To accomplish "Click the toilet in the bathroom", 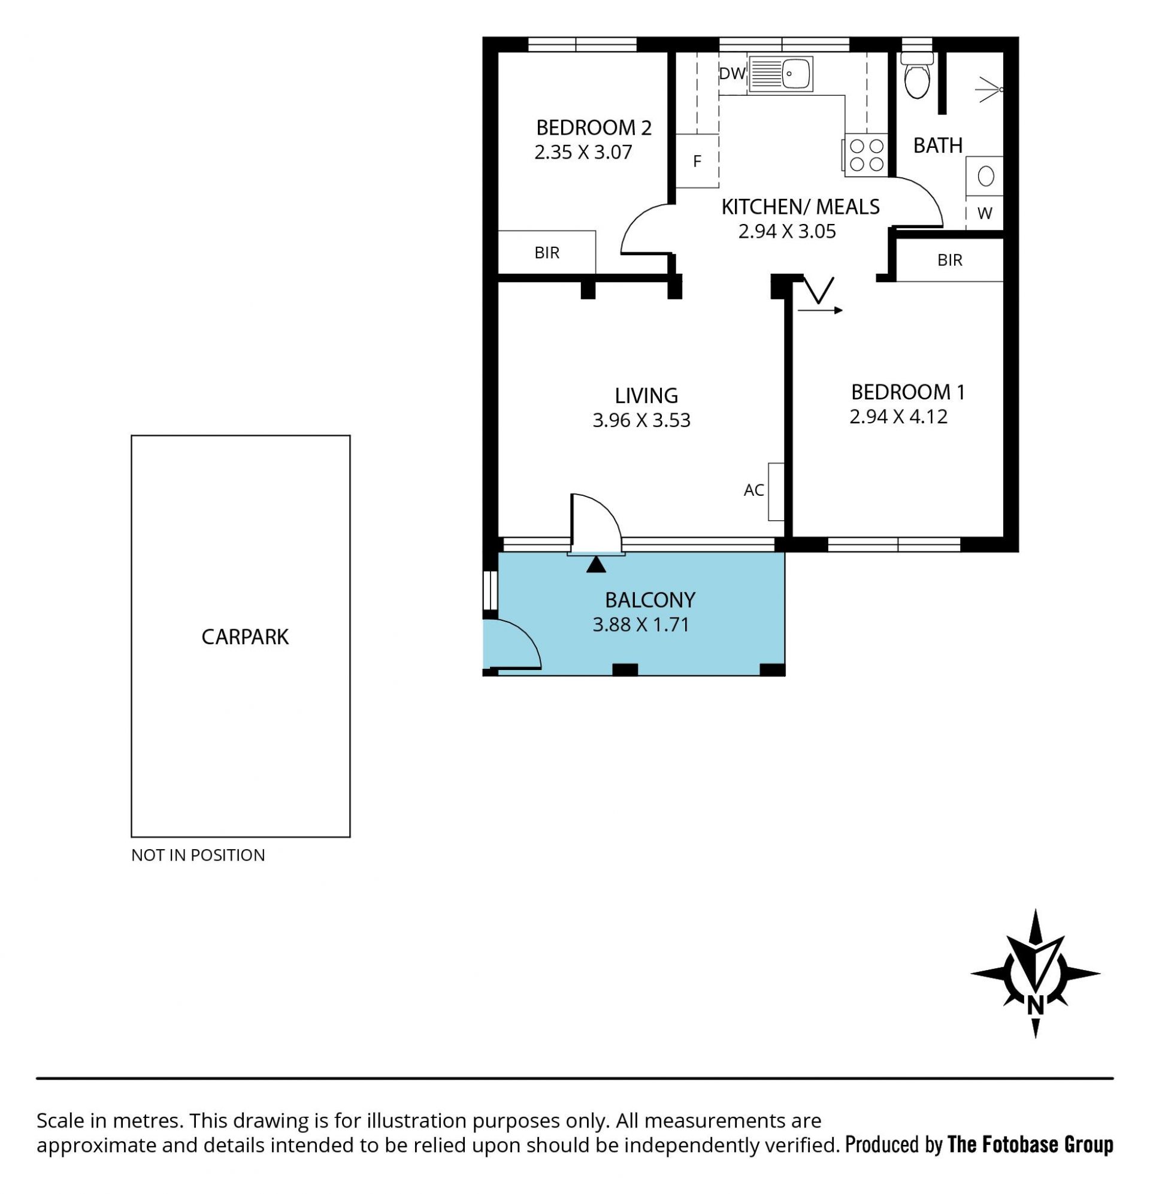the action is point(916,75).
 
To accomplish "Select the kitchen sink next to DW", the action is point(780,74).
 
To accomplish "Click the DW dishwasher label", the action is point(732,74).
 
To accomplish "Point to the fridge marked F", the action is point(697,161).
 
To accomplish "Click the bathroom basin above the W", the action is point(984,177).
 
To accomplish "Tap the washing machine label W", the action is point(984,213).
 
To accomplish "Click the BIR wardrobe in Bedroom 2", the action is point(547,252).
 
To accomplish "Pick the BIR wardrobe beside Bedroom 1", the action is point(949,260).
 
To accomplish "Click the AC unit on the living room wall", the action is point(775,492).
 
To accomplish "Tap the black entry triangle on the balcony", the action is point(596,564).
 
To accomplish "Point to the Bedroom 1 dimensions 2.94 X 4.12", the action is point(898,417).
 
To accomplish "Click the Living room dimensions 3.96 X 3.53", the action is point(641,420).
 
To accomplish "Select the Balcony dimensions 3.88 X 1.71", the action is point(640,625).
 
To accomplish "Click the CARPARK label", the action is point(245,637).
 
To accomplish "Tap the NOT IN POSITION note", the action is point(198,855).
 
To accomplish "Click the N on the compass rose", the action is point(1036,1006).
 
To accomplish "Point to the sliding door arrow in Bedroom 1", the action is point(821,311).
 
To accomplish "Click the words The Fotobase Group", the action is point(1031,1146).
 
